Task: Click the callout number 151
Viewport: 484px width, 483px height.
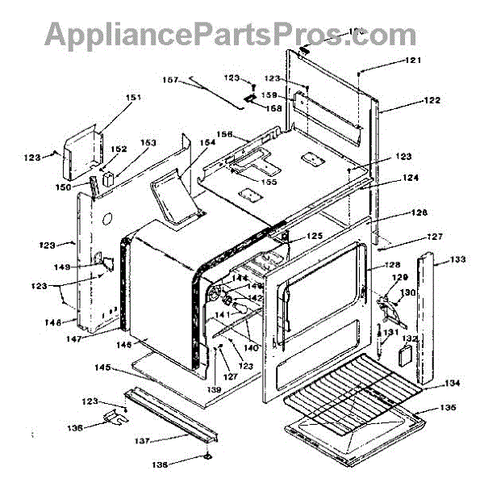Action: click(133, 99)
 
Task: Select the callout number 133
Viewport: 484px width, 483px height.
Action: click(457, 260)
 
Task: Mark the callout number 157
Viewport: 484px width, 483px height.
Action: click(169, 80)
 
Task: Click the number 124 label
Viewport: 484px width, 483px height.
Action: click(411, 178)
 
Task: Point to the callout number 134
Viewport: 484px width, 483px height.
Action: click(451, 383)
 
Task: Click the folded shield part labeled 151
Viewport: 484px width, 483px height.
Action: click(81, 153)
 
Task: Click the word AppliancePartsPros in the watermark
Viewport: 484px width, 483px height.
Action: click(190, 34)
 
